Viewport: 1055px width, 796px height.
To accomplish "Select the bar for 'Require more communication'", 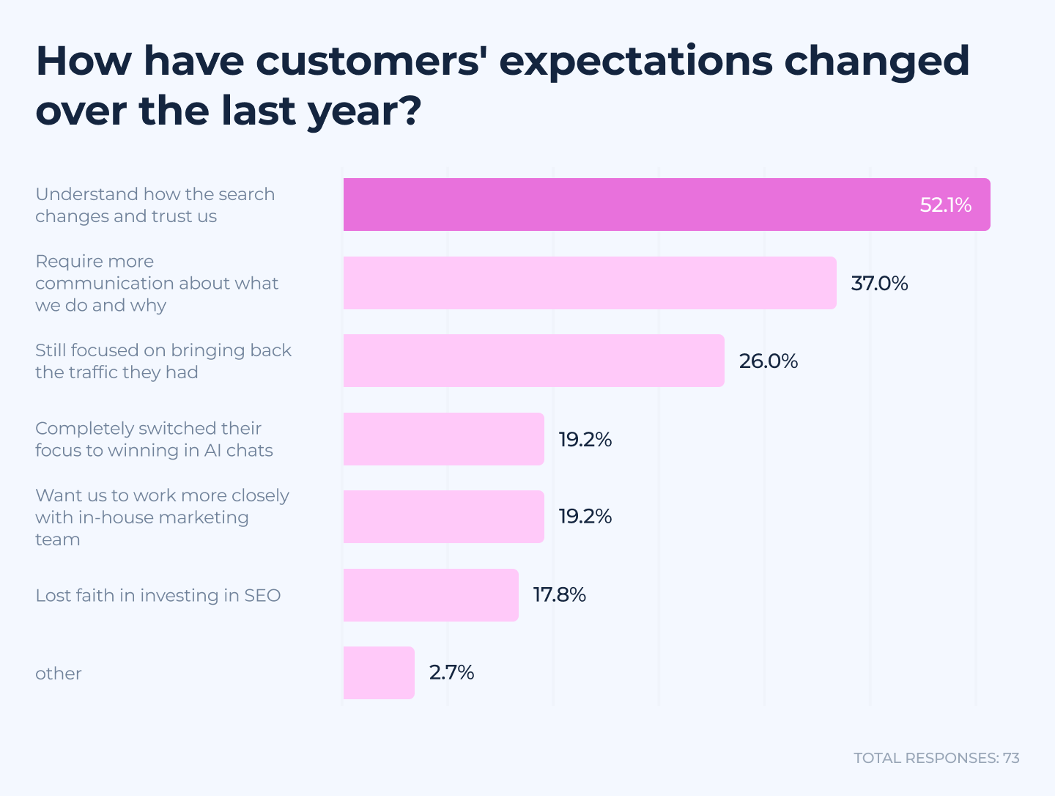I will (590, 283).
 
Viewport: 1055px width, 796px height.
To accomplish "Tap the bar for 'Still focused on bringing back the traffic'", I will (533, 361).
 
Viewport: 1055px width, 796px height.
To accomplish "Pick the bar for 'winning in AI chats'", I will (443, 439).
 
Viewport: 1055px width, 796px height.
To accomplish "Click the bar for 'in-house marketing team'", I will (443, 517).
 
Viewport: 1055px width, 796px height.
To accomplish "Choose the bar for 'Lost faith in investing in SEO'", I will (431, 595).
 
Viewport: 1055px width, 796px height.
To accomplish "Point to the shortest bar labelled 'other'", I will (379, 673).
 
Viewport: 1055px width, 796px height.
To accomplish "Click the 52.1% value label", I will (945, 205).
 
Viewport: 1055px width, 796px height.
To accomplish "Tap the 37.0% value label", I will (879, 284).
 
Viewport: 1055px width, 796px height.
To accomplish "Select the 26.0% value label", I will (768, 361).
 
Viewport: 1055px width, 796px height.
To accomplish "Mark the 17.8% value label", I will (559, 595).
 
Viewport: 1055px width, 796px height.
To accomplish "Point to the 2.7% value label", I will (451, 673).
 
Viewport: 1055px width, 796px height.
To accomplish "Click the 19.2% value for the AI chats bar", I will (585, 440).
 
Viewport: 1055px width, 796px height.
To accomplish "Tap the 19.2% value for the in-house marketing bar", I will (585, 517).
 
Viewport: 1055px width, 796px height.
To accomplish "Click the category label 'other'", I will (59, 674).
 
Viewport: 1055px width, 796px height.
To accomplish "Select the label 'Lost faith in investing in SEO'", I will (158, 595).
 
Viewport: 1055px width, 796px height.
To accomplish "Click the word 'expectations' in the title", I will (635, 62).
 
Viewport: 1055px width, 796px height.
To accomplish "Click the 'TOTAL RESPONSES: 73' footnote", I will (936, 758).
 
